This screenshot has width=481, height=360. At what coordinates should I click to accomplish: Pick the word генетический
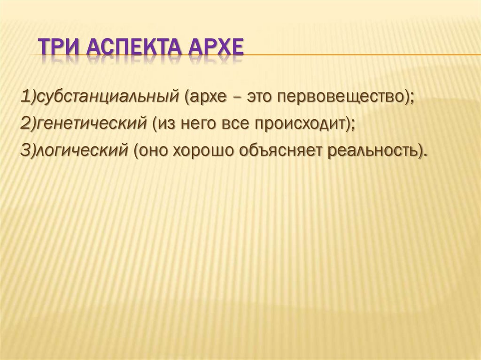(x=94, y=124)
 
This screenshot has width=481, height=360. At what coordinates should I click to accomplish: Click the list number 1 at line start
(x=24, y=98)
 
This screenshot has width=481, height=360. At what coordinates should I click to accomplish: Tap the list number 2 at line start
(x=24, y=124)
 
